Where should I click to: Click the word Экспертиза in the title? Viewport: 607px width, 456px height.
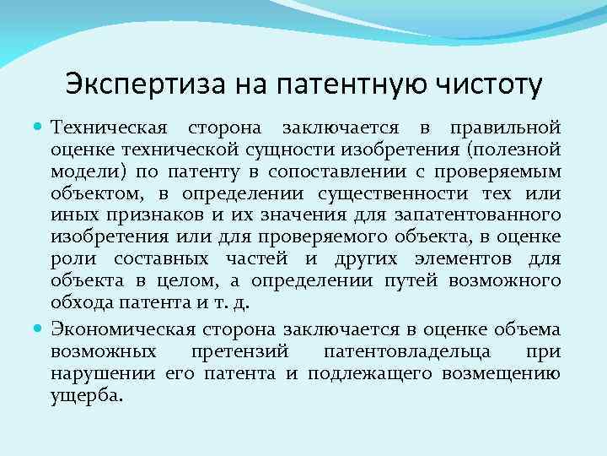tap(134, 85)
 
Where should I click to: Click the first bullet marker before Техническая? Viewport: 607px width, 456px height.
tap(40, 128)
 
